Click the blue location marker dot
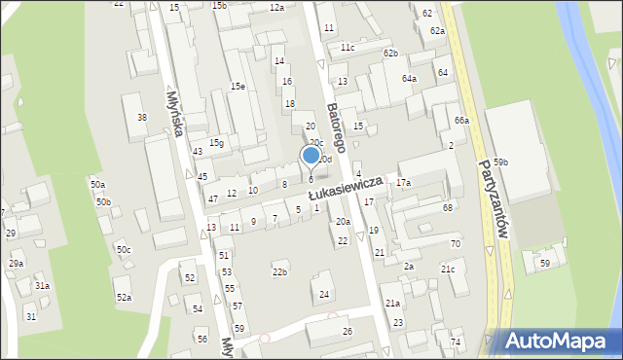pyautogui.click(x=311, y=154)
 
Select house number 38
pyautogui.click(x=142, y=117)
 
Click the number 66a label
pyautogui.click(x=461, y=121)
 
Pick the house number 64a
pyautogui.click(x=410, y=78)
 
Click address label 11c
pyautogui.click(x=348, y=47)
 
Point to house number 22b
pyautogui.click(x=279, y=271)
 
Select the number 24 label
pyautogui.click(x=324, y=294)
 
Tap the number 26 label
pyautogui.click(x=348, y=332)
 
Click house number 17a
pyautogui.click(x=403, y=183)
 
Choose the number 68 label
pyautogui.click(x=448, y=207)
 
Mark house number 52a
pyautogui.click(x=124, y=297)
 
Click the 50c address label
pyautogui.click(x=124, y=250)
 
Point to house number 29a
pyautogui.click(x=17, y=263)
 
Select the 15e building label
pyautogui.click(x=238, y=86)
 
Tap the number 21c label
pyautogui.click(x=448, y=269)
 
